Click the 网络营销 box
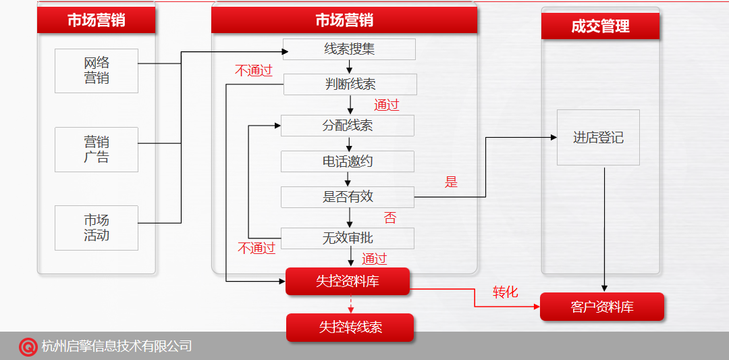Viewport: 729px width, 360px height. point(97,70)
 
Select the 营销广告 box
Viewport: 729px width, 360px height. point(97,149)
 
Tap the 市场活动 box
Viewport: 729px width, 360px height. point(97,228)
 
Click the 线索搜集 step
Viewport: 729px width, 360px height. point(349,49)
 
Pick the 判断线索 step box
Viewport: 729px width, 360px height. point(350,84)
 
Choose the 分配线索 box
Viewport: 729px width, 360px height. point(347,126)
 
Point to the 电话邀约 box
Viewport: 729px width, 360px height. point(347,161)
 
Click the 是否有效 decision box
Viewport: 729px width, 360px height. point(347,197)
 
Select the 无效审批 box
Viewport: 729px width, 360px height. point(347,238)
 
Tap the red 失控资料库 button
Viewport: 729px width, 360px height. point(348,281)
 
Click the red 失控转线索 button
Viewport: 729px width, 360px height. point(350,328)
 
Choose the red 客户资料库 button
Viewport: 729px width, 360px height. point(602,307)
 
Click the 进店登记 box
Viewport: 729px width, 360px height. point(598,138)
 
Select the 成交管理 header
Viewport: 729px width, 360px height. point(600,26)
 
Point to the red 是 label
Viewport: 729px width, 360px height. point(451,182)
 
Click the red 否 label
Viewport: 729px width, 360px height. point(390,218)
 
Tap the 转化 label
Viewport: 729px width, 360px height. point(505,292)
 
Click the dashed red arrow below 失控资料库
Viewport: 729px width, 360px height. point(350,305)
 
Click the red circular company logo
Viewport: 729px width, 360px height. point(28,346)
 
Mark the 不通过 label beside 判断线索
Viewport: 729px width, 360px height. point(253,70)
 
